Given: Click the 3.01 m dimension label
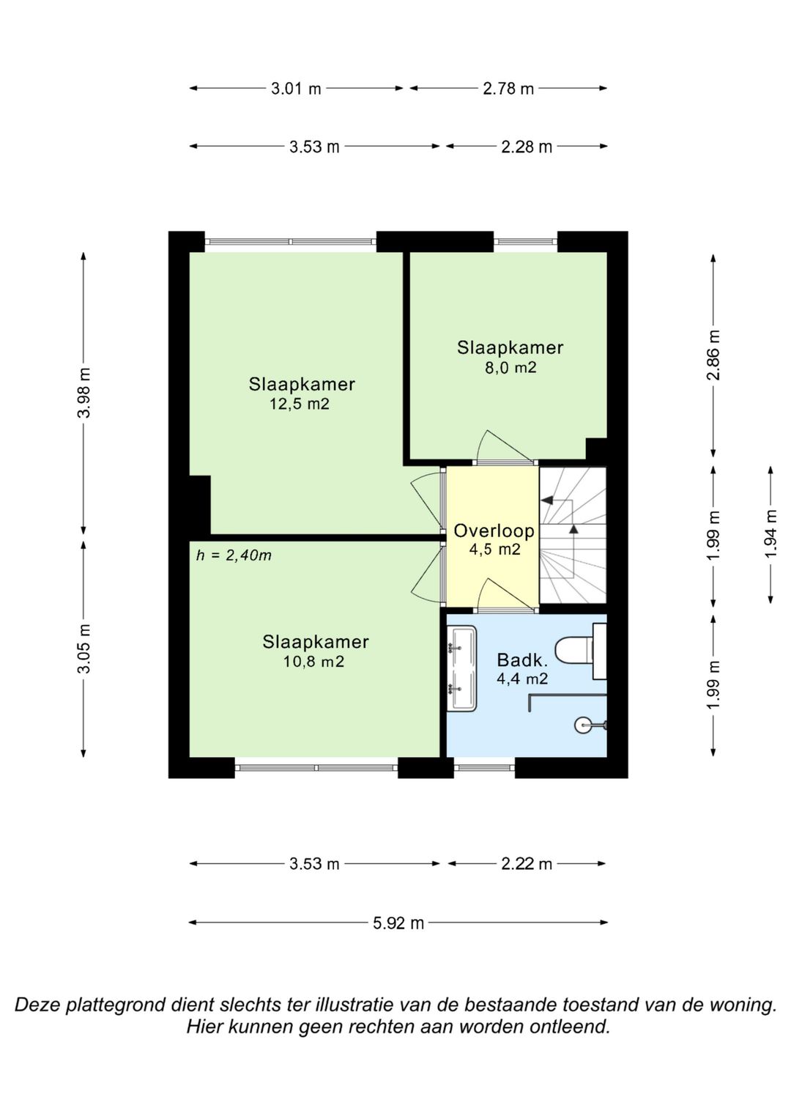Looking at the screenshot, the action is (296, 89).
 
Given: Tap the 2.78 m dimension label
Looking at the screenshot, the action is (508, 89).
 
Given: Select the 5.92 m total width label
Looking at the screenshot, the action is (398, 923).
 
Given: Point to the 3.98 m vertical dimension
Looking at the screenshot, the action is (86, 393).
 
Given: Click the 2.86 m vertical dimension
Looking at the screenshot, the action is (714, 355).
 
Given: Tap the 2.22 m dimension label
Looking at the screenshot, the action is (527, 864).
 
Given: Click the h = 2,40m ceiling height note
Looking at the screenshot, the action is (234, 555).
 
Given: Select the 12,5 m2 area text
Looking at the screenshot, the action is (300, 404).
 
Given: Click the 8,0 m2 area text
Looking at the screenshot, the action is (510, 367).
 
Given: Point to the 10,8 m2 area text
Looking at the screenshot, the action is (314, 662).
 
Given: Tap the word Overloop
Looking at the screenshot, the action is (494, 531).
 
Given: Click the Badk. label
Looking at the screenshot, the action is (522, 660).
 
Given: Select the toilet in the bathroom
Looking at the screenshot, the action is (581, 651).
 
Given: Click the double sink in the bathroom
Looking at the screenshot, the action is (462, 668).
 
